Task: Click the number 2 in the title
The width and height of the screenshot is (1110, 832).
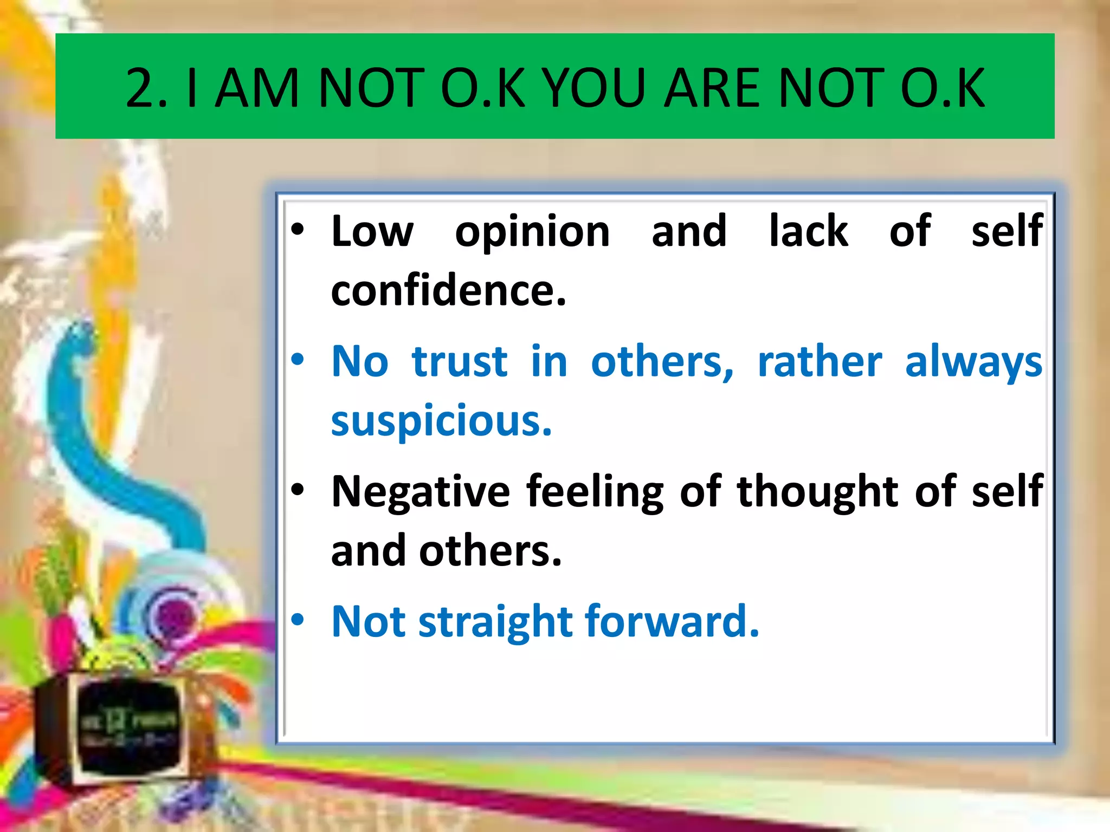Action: pyautogui.click(x=142, y=88)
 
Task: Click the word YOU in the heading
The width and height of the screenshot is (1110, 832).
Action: pyautogui.click(x=596, y=88)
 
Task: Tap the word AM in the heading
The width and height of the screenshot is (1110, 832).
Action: pyautogui.click(x=257, y=88)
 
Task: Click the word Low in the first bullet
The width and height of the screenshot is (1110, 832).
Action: pyautogui.click(x=372, y=232)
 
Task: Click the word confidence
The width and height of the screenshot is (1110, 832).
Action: pyautogui.click(x=448, y=291)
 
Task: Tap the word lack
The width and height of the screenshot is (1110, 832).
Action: pyautogui.click(x=808, y=231)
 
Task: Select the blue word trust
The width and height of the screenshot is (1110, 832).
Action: pyautogui.click(x=460, y=362)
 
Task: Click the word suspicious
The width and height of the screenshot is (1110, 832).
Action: pyautogui.click(x=441, y=421)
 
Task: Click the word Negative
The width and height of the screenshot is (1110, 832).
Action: pyautogui.click(x=421, y=492)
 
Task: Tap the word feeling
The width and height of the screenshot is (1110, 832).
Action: pyautogui.click(x=595, y=492)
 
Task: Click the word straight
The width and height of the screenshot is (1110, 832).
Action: pyautogui.click(x=495, y=622)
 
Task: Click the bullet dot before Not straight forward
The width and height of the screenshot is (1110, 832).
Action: pyautogui.click(x=298, y=619)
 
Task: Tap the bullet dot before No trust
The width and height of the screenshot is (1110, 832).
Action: pyautogui.click(x=298, y=359)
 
